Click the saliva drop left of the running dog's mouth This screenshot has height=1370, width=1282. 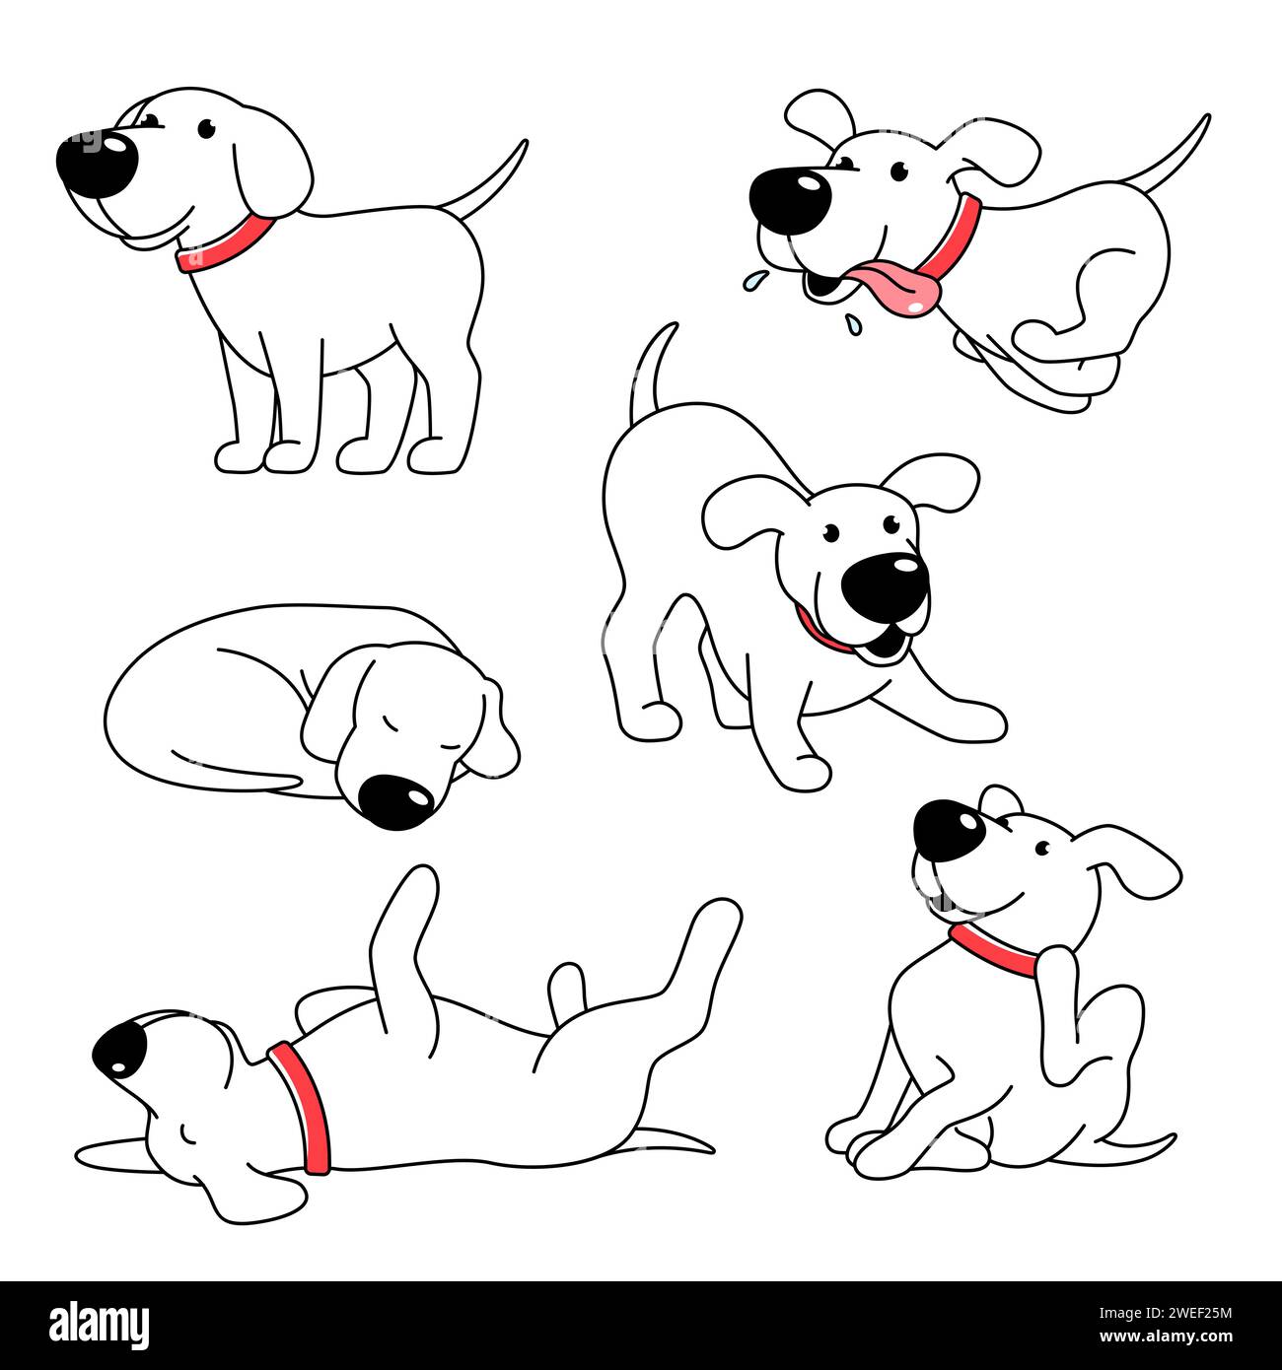[752, 280]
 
